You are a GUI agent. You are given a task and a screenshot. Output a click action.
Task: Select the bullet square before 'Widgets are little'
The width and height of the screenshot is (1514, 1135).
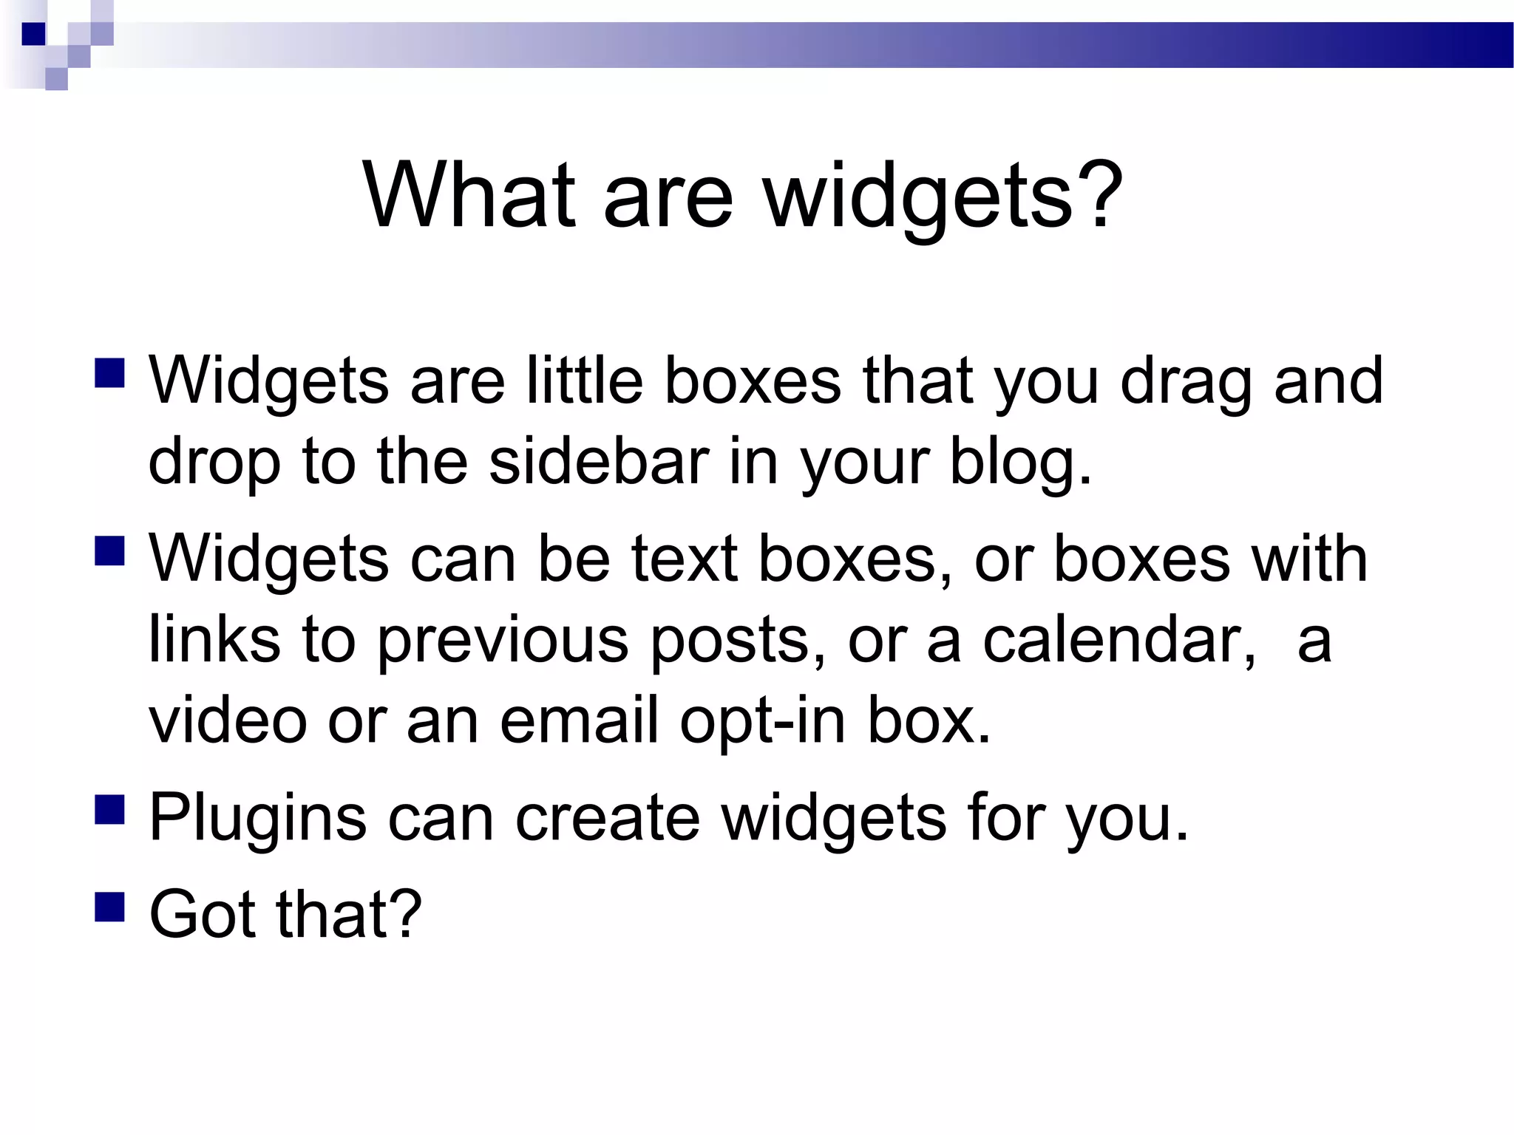[x=109, y=373]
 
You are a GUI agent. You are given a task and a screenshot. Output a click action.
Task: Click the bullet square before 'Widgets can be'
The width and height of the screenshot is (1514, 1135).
[x=109, y=551]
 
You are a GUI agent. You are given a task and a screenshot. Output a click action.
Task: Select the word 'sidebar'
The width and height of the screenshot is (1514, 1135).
[x=599, y=461]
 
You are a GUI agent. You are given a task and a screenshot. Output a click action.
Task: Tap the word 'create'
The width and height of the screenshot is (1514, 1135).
[x=607, y=817]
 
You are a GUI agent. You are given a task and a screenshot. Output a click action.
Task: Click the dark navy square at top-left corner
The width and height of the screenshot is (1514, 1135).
[x=33, y=34]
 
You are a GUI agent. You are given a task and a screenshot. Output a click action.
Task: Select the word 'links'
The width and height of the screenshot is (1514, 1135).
[x=214, y=640]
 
